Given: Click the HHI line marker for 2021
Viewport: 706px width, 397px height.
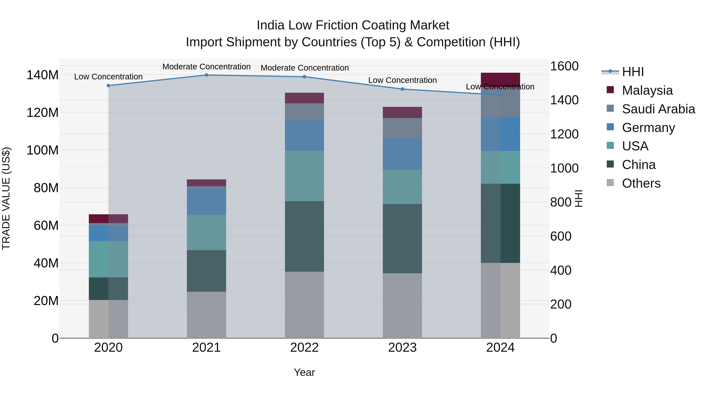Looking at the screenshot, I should (206, 75).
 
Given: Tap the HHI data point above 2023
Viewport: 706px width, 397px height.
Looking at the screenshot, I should (402, 89).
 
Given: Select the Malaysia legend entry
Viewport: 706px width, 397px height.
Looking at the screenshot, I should (647, 90).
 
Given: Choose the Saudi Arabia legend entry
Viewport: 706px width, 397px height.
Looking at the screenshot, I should (658, 109).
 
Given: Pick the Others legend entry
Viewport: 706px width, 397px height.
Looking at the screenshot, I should (641, 183).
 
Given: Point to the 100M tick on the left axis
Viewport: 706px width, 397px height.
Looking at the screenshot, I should (43, 150).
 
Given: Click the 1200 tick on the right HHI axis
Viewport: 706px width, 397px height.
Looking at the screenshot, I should (564, 134).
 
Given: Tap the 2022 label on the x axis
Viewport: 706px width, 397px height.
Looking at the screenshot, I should (304, 348).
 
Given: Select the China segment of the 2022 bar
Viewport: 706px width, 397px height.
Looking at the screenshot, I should (304, 236).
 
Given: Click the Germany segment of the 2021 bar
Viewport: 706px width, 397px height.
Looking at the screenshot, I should (206, 201).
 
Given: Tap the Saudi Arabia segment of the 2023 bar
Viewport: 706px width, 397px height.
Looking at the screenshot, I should (402, 128).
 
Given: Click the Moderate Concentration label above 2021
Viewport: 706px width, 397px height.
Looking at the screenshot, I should (206, 67).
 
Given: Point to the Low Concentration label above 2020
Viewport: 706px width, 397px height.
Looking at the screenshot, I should (108, 77).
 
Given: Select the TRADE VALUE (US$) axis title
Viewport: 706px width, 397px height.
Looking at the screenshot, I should (6, 198).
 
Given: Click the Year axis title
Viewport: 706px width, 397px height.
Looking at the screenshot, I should (304, 372).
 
